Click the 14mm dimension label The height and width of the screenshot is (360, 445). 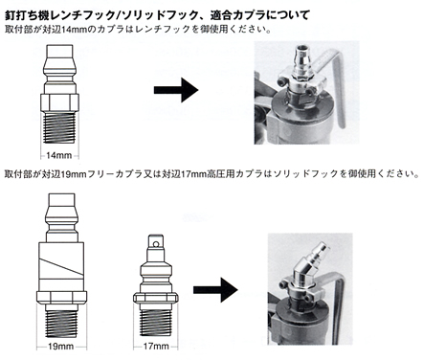[59, 156]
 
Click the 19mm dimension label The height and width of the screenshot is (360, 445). [61, 347]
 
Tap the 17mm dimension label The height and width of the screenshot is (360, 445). [156, 347]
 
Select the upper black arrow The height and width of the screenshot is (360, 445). [176, 90]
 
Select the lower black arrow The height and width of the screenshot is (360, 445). [215, 290]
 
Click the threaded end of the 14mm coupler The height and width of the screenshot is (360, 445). [59, 127]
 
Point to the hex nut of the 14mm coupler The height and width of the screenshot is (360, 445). [59, 102]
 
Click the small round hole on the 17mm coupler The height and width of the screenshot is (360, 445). [156, 245]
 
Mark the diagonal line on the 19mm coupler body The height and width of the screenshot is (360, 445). [61, 266]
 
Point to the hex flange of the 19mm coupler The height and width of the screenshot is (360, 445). [61, 297]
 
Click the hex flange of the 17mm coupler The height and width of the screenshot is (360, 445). [156, 298]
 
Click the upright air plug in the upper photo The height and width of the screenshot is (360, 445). [300, 62]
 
